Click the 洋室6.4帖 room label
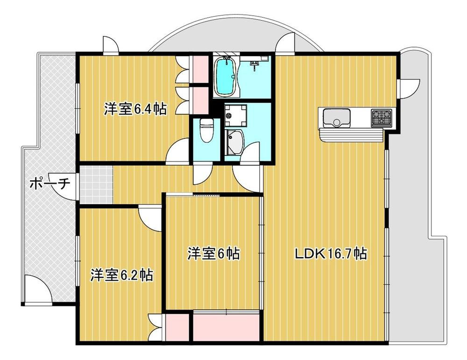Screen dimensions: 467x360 coord(135,109)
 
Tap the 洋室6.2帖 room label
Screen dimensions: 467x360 coord(122,275)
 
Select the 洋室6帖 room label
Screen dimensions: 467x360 coord(213,254)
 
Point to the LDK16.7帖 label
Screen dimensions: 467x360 coord(331,254)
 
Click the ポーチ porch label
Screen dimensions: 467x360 coord(50,183)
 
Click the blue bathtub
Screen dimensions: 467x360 coord(226,77)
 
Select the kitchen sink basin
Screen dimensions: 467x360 coord(337,118)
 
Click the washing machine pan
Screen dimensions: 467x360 coord(235,115)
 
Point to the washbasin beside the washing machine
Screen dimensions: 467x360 coord(234,141)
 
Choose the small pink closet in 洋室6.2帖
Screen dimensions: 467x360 coord(177,327)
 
